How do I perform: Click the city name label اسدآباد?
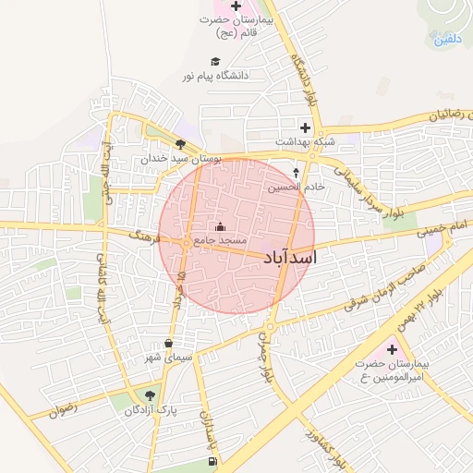tap(289, 257)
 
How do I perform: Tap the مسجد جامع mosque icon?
tap(220, 226)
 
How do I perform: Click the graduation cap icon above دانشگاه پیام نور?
tap(211, 61)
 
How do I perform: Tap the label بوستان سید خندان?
tap(182, 159)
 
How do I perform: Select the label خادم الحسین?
tap(297, 188)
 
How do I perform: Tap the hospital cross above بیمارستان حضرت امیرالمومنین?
tap(392, 349)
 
